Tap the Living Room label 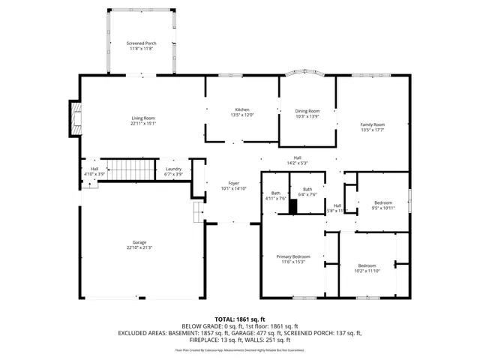click(143, 118)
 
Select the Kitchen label click(242, 109)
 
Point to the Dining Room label click(307, 111)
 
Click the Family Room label click(372, 124)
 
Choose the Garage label click(139, 242)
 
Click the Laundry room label click(173, 169)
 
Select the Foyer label click(233, 184)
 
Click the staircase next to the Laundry click(127, 169)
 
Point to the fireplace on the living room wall click(73, 118)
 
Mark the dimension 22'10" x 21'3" click(139, 247)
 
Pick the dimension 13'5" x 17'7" click(372, 129)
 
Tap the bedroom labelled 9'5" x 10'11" click(383, 205)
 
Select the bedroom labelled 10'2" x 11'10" click(367, 268)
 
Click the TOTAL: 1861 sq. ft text click(239, 319)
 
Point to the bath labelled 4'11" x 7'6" click(275, 196)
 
